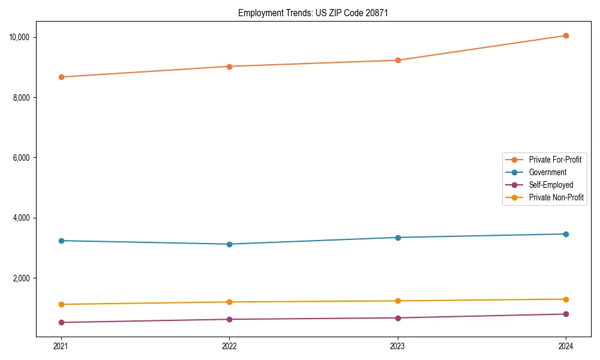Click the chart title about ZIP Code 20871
click(x=313, y=13)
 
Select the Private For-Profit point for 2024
click(x=566, y=35)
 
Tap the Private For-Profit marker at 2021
click(x=61, y=77)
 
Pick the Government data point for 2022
click(x=229, y=244)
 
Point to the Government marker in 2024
click(x=566, y=234)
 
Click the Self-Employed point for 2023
click(x=398, y=318)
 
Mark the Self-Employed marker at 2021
click(x=61, y=322)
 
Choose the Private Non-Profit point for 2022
click(x=229, y=302)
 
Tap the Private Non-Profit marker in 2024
click(x=566, y=299)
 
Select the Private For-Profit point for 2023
click(x=398, y=60)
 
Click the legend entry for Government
click(x=547, y=172)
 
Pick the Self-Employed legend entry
click(x=551, y=185)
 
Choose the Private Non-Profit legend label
click(x=556, y=197)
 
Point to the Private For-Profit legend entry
click(x=555, y=160)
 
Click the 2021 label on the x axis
click(x=61, y=346)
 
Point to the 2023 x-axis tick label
click(x=398, y=346)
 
